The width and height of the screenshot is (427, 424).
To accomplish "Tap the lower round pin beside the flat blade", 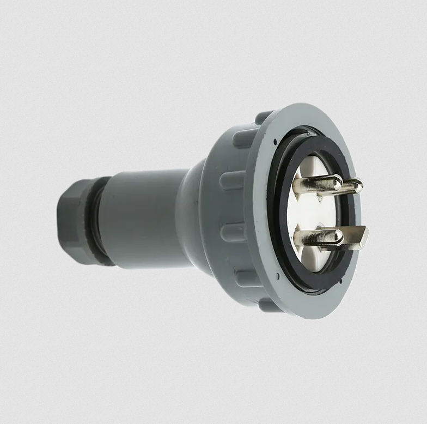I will [319, 236].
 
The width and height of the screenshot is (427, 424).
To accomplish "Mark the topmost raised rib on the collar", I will [264, 117].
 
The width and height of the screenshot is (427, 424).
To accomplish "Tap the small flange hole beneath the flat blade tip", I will [340, 282].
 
